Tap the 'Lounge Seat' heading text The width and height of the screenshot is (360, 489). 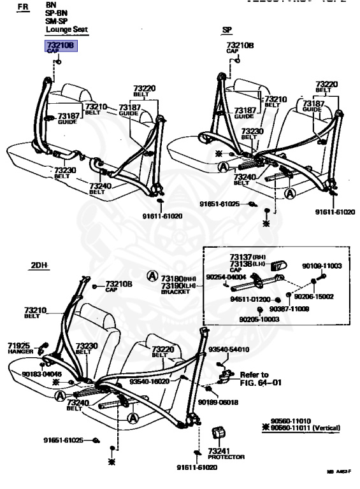[67, 29]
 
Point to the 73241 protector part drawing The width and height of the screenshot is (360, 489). [220, 434]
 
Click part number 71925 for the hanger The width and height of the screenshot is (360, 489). [18, 345]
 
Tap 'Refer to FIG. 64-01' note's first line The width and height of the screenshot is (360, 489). [254, 374]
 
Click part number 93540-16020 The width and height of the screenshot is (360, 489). [149, 381]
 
